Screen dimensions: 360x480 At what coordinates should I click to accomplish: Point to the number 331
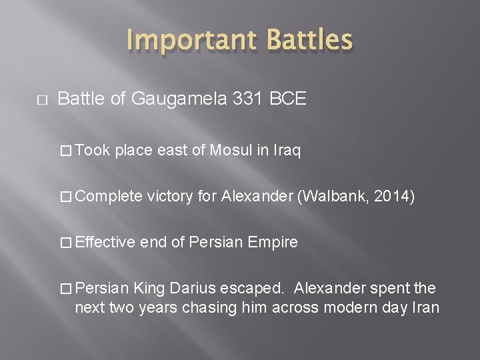coord(246,99)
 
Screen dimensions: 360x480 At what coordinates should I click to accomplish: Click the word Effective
coord(109,242)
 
